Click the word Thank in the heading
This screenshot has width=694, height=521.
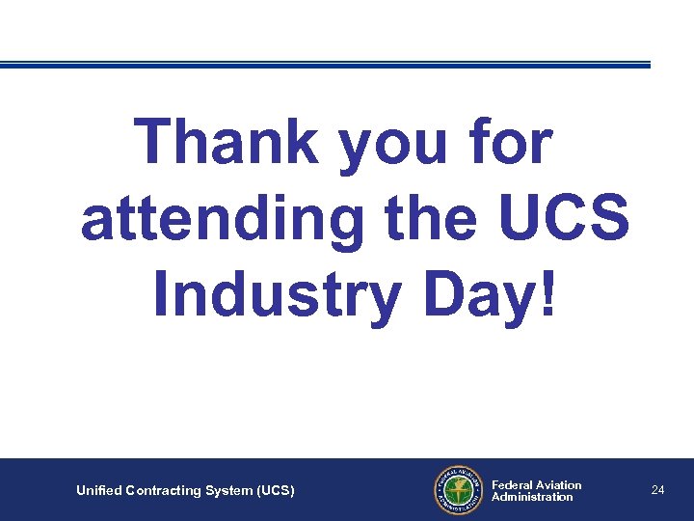coord(227,143)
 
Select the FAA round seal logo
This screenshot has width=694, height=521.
coord(456,490)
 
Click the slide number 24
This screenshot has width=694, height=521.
coord(657,490)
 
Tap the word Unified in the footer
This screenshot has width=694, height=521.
coord(99,491)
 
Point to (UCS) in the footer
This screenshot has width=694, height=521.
coord(276,491)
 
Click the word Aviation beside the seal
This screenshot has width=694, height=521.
coord(560,484)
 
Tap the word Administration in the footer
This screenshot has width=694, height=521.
coord(532,497)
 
